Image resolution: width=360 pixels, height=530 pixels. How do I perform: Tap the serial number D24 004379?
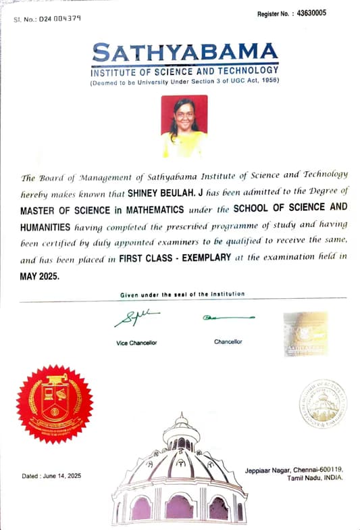(x=61, y=18)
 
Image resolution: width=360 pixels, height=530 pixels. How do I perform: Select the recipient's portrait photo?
(x=184, y=126)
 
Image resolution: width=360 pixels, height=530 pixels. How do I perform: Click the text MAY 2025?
(x=41, y=274)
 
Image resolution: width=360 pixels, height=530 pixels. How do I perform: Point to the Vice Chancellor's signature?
(x=136, y=316)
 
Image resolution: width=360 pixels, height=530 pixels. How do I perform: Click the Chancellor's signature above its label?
(x=228, y=316)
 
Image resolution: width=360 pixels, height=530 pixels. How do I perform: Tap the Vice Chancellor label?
(x=136, y=343)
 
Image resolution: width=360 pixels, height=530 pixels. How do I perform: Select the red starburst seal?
(x=55, y=404)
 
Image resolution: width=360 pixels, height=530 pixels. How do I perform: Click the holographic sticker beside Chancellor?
(x=305, y=333)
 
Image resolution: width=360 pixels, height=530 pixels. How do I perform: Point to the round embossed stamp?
(x=323, y=403)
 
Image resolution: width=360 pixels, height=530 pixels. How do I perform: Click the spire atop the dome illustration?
(x=180, y=420)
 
